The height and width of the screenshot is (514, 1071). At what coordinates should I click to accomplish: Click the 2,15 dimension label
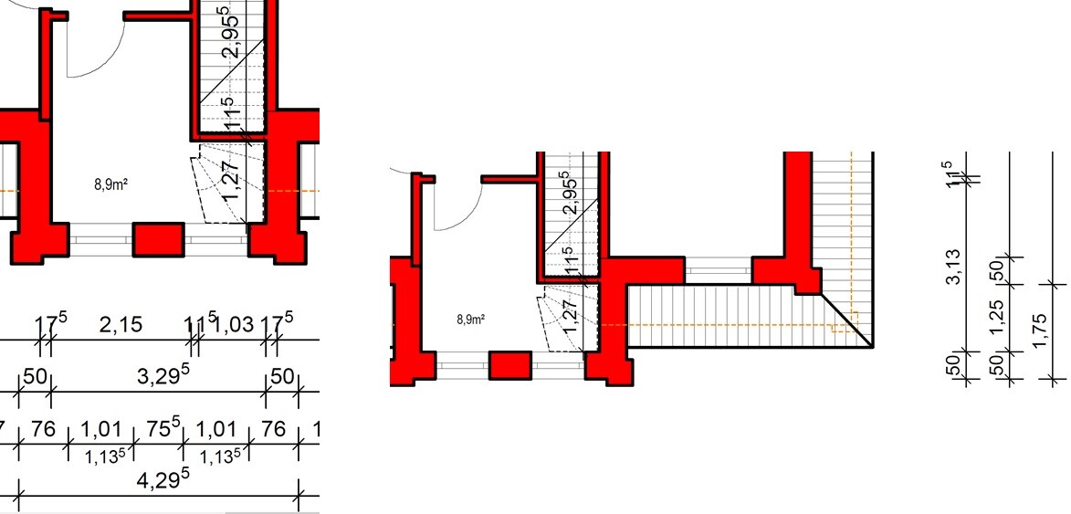tap(121, 325)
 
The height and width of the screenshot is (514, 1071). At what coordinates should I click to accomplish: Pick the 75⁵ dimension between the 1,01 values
tap(164, 429)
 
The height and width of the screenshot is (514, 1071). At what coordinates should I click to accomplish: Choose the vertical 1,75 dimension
tap(1039, 330)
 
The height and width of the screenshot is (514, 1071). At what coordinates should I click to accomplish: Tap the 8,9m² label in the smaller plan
tap(470, 319)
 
